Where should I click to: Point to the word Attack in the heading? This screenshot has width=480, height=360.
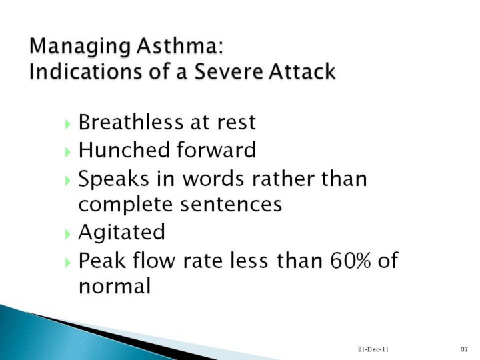click(302, 71)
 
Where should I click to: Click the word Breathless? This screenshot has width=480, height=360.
click(131, 122)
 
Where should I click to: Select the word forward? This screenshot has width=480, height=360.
click(216, 150)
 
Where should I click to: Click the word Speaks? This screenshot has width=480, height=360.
click(113, 179)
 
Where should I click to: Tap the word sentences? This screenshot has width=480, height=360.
click(231, 205)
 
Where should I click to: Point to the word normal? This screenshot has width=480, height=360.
click(115, 286)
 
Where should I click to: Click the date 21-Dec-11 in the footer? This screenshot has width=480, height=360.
click(373, 349)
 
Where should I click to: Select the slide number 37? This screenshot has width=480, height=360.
click(465, 349)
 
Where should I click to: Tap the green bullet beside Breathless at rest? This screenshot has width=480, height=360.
click(68, 124)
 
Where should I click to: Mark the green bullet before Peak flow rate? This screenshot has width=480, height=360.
click(68, 263)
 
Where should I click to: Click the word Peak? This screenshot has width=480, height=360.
click(102, 261)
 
